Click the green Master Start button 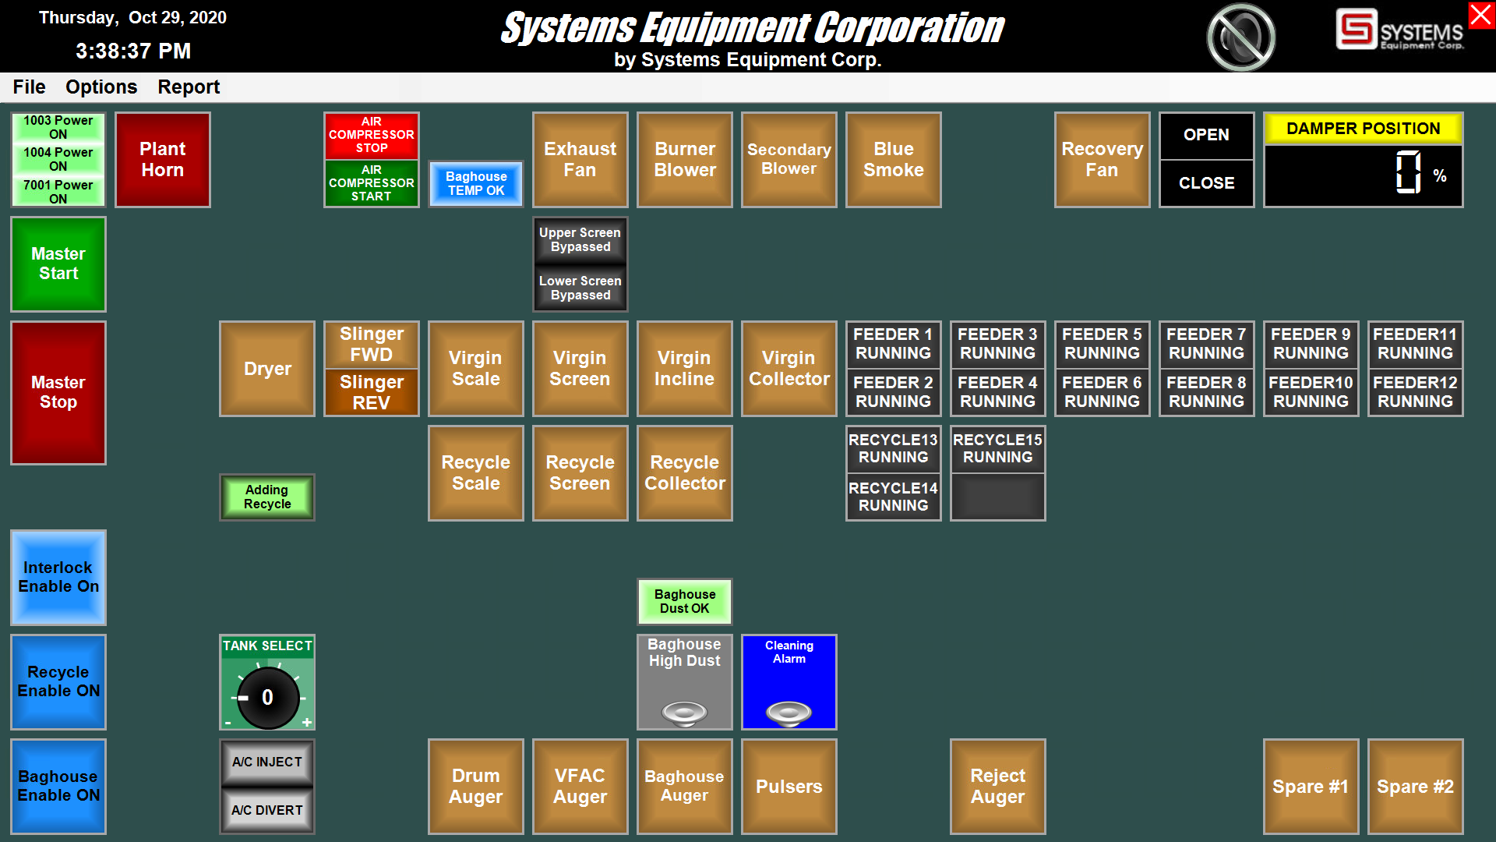tap(58, 264)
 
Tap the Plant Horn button tap(162, 160)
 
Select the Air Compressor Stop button tap(371, 136)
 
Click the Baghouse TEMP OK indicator tap(475, 184)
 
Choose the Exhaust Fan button tap(580, 160)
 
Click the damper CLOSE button tap(1206, 183)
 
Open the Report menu tap(189, 87)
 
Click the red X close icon tap(1481, 16)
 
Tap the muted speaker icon tap(1240, 37)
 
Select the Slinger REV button tap(371, 392)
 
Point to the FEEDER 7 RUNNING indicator tap(1206, 344)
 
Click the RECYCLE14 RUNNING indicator tap(893, 497)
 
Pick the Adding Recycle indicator tap(266, 497)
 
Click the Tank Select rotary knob tap(267, 697)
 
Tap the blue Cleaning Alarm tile tap(789, 682)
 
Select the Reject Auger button tap(997, 787)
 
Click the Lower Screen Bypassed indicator tap(580, 288)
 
